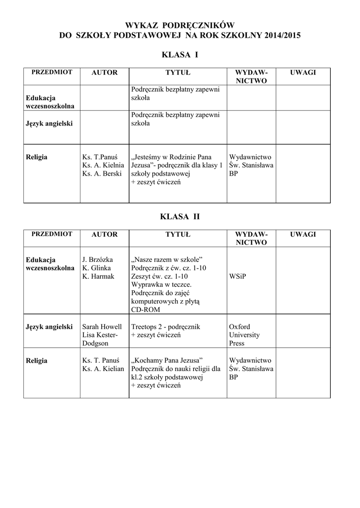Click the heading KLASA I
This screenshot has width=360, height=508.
(x=180, y=54)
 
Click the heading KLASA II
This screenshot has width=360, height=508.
(x=180, y=216)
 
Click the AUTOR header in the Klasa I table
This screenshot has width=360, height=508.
(x=104, y=72)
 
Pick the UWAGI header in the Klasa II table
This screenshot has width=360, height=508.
(x=303, y=234)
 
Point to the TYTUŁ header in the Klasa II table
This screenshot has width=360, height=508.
(x=178, y=234)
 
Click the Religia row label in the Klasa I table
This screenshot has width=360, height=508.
(x=36, y=157)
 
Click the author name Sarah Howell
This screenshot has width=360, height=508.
(x=102, y=327)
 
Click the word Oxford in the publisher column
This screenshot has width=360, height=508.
(x=239, y=327)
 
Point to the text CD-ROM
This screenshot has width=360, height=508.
(x=146, y=310)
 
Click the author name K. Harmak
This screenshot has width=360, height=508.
(x=98, y=276)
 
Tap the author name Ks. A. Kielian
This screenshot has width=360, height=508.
(x=103, y=369)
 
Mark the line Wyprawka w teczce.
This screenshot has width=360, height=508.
(x=161, y=284)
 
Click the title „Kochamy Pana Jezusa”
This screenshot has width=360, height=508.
(x=167, y=360)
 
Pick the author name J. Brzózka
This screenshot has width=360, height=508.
(x=97, y=259)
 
